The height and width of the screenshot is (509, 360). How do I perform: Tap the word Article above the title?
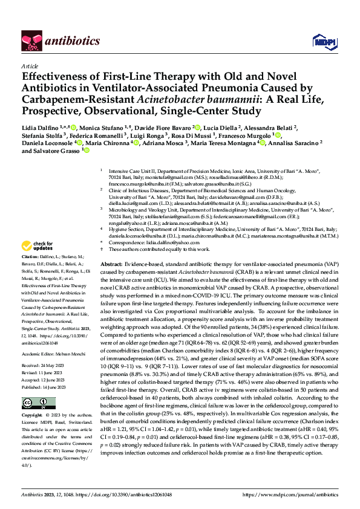30,66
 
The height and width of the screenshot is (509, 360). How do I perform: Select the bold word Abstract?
111,265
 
